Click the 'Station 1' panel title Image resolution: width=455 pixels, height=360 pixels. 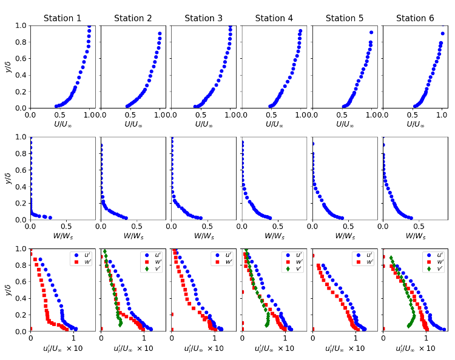click(62, 18)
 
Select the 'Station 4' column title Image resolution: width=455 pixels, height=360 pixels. click(274, 18)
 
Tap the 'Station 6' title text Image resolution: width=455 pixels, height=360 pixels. click(415, 18)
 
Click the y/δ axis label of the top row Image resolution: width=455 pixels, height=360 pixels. click(8, 67)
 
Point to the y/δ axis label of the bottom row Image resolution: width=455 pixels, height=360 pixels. click(8, 290)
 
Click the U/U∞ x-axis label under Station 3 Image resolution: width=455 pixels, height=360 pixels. click(203, 124)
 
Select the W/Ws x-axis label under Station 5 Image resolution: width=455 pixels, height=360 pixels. click(345, 236)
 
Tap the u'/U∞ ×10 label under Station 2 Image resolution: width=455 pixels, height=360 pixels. click(133, 348)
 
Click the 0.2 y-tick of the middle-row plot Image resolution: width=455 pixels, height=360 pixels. click(21, 203)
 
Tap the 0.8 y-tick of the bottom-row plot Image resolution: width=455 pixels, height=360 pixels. click(21, 265)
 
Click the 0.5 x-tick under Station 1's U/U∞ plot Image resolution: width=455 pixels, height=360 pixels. click(61, 114)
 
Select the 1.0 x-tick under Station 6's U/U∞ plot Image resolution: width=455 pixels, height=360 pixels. click(442, 114)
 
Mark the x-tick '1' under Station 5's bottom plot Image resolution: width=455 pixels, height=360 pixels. click(356, 338)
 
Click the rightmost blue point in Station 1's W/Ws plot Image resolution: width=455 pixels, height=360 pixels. click(50, 218)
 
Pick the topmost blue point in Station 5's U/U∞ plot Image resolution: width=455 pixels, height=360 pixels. click(371, 32)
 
